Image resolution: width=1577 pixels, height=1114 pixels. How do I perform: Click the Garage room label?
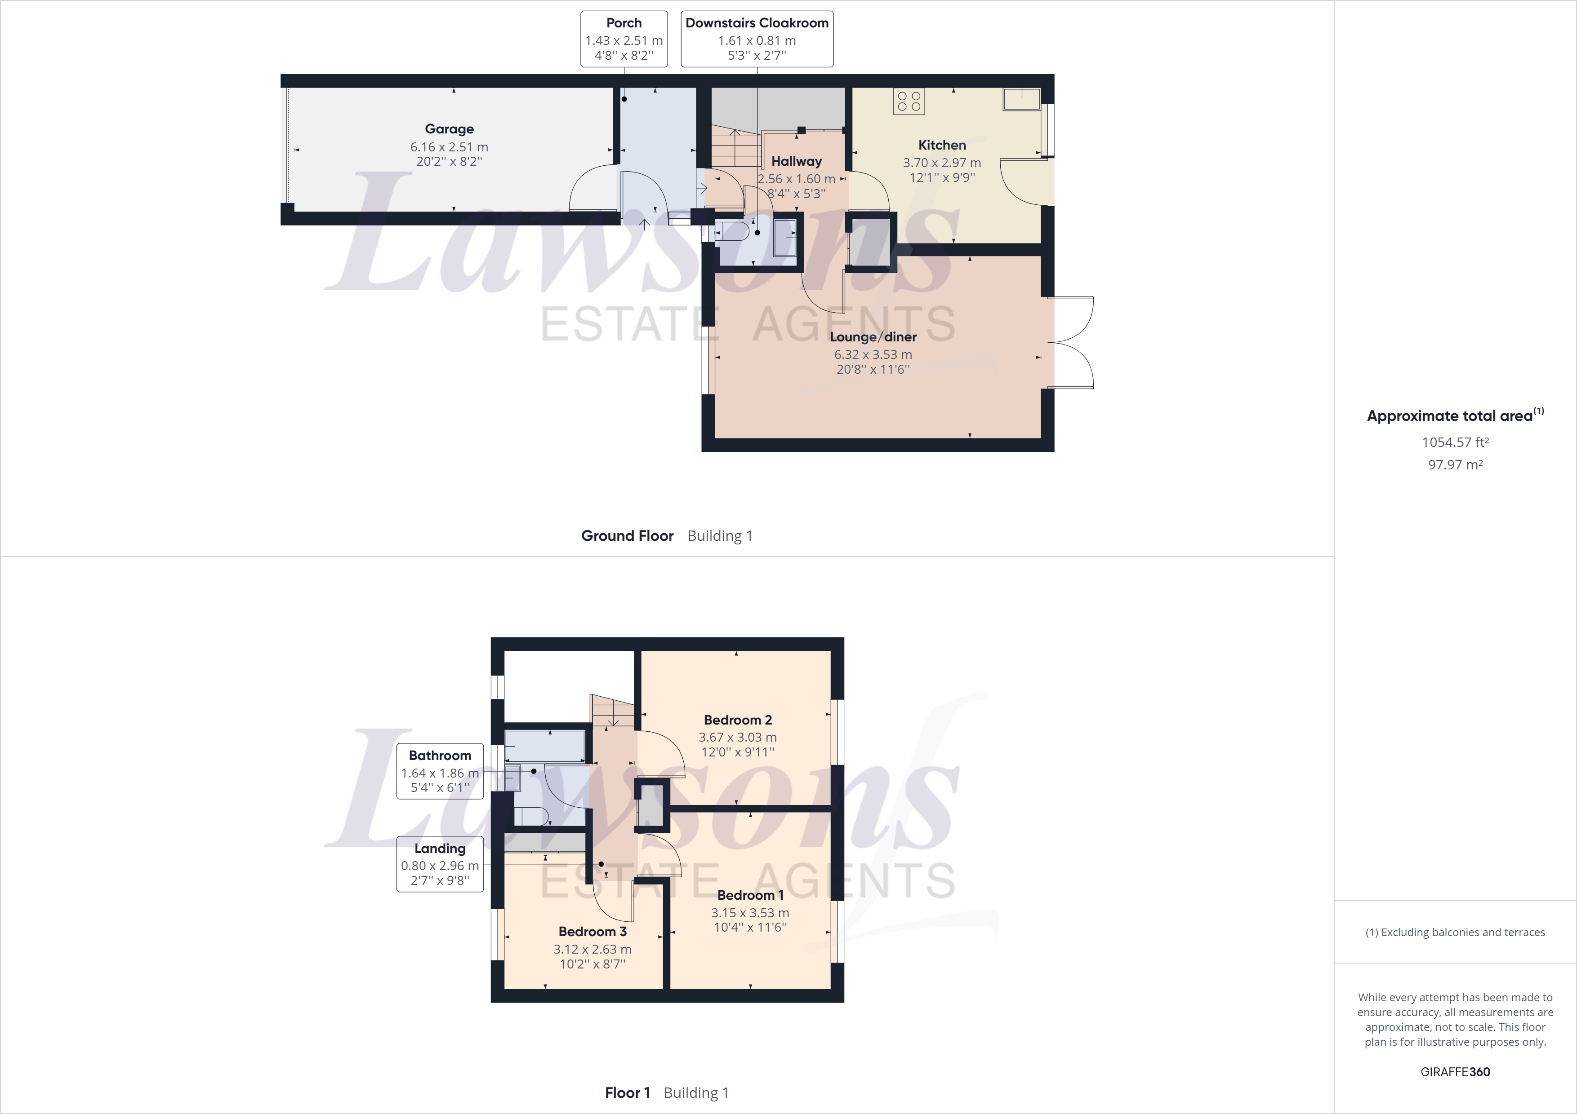tap(449, 129)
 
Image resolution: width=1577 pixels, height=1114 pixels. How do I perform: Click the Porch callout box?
tap(624, 39)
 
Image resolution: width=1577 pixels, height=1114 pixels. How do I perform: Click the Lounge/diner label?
tap(873, 337)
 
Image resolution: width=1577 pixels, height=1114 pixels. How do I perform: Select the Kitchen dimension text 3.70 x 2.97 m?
tap(942, 163)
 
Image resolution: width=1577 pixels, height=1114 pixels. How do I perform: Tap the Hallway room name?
tap(796, 161)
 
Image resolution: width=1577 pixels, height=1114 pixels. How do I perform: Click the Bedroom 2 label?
tap(738, 720)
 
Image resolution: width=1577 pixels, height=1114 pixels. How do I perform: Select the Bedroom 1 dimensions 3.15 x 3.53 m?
tap(750, 913)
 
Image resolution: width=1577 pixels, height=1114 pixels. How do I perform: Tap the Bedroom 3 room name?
tap(592, 932)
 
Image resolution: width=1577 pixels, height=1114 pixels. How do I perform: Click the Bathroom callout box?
tap(440, 772)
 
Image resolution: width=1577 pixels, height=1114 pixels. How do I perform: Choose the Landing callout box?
tap(440, 864)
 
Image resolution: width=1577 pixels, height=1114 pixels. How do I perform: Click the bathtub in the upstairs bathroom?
tap(545, 746)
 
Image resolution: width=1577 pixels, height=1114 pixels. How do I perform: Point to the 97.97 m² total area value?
tap(1455, 464)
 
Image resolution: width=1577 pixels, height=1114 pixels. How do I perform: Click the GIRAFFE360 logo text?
tap(1455, 1071)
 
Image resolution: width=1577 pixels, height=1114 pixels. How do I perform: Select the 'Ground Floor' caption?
tap(627, 536)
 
